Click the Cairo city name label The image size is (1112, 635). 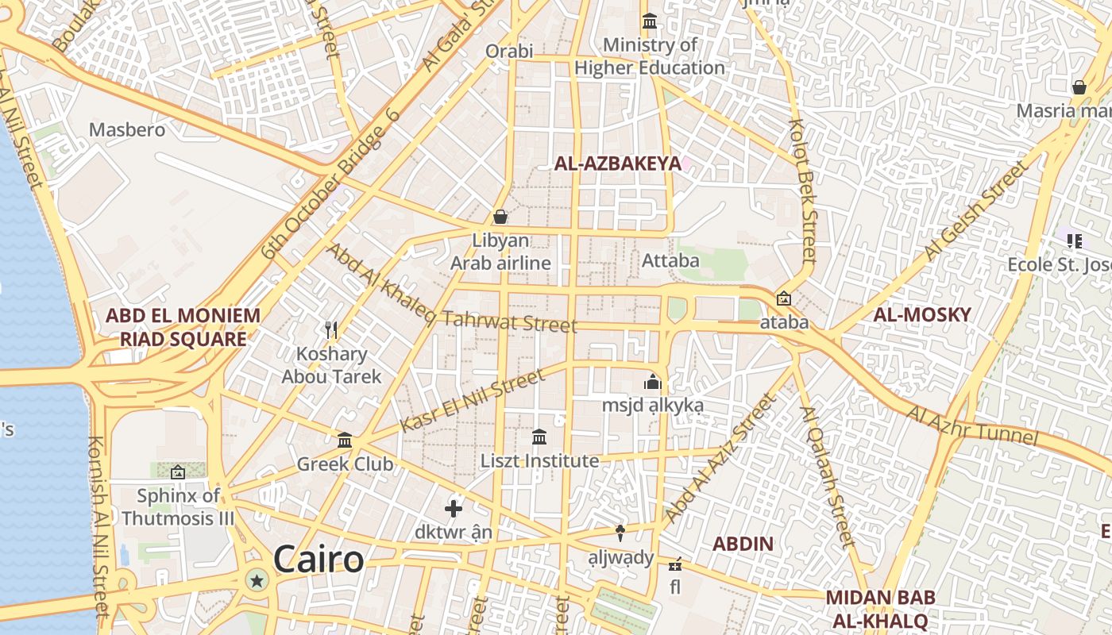pos(319,560)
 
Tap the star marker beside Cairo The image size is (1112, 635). pos(257,581)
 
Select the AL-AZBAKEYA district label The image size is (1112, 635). pos(617,164)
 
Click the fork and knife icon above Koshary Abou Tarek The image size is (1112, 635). pos(332,329)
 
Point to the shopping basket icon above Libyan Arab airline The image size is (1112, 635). pos(500,216)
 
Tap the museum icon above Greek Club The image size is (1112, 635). pos(345,440)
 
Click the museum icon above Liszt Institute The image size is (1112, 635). pos(539,437)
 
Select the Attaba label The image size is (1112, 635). pos(670,260)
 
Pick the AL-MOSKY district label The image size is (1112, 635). pos(922,314)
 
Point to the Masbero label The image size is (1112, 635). pos(127,129)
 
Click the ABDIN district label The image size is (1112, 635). pos(743,544)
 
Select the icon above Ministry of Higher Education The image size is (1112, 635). pos(650,21)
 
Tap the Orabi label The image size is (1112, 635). pos(509,52)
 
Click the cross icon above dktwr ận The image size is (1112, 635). pos(454,508)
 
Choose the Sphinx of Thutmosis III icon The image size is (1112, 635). pos(177,472)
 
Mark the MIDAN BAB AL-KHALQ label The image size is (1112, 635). pos(880,608)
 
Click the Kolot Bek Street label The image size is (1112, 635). pos(802,191)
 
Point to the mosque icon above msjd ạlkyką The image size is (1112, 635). pos(653,382)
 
